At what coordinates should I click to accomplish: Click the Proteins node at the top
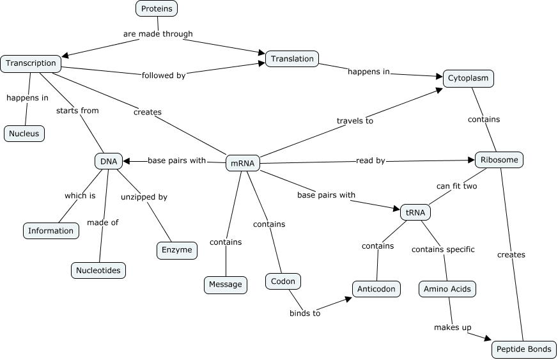(157, 8)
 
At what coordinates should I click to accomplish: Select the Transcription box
(31, 63)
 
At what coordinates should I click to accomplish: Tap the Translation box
(292, 59)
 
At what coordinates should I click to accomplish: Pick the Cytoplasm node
(468, 78)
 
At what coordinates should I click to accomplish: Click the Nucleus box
(24, 134)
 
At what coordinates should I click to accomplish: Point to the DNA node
(109, 161)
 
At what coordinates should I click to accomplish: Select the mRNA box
(242, 163)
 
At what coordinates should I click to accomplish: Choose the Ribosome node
(499, 160)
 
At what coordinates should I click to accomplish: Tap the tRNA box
(415, 212)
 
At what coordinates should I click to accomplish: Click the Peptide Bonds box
(523, 349)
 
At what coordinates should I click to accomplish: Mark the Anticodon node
(376, 288)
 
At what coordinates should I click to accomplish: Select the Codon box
(283, 281)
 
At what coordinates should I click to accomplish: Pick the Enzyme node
(177, 250)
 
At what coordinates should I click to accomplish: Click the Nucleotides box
(98, 270)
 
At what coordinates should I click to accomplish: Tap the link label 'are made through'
(157, 33)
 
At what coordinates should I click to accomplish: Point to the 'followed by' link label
(163, 75)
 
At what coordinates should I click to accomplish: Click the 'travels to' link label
(355, 120)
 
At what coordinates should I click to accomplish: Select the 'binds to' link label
(305, 313)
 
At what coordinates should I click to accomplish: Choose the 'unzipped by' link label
(144, 197)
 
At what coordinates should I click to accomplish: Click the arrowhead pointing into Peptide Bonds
(489, 339)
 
